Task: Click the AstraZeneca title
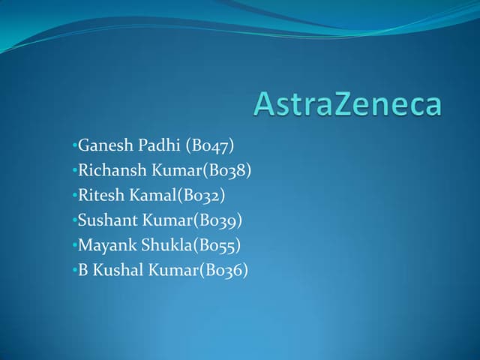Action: click(347, 103)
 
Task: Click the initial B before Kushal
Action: click(84, 270)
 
